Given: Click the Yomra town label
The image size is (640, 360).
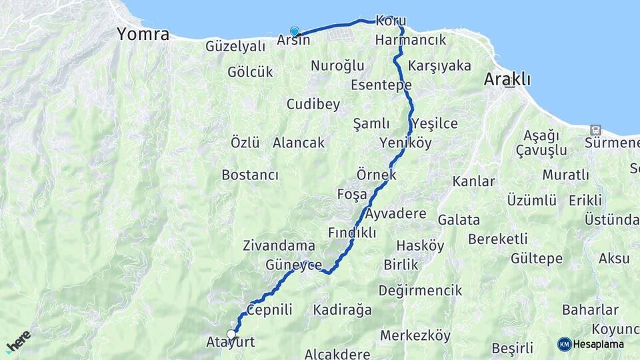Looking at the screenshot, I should [x=143, y=35].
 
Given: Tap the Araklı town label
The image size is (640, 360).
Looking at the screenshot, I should [x=507, y=79].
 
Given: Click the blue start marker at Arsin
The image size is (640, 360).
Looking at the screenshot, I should [x=294, y=31].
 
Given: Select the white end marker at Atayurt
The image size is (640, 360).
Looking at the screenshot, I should [x=231, y=334].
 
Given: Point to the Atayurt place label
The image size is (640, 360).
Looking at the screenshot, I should [x=231, y=343].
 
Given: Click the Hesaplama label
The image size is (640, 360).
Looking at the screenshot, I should [x=598, y=344].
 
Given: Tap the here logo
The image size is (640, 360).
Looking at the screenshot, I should [x=18, y=342].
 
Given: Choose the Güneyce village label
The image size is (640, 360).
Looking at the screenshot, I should [x=294, y=265].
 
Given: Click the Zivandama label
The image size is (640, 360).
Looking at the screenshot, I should [x=279, y=245].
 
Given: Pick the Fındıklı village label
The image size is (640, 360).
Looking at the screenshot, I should [x=352, y=233].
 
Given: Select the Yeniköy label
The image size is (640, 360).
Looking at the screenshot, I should [x=405, y=143].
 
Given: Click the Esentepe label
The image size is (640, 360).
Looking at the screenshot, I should [x=381, y=85].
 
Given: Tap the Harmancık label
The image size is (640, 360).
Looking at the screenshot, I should [x=410, y=41].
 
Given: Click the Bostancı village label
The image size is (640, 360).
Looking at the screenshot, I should [x=249, y=175].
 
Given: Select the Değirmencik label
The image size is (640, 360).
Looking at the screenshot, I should [x=420, y=291].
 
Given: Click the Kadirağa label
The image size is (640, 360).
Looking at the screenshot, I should [x=342, y=310].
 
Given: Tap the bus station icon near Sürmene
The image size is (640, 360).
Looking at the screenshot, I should [x=595, y=129].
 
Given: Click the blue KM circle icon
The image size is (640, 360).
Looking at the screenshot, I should [x=565, y=344].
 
